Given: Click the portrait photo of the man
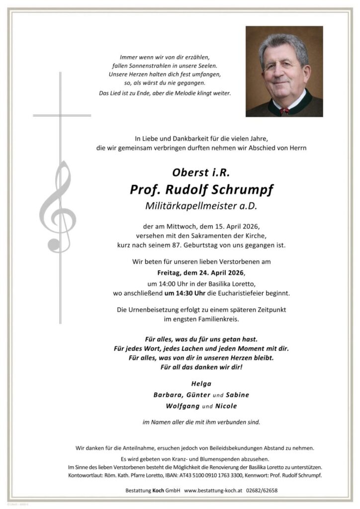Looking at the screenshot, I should click(284, 72).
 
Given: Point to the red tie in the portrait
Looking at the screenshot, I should click(284, 111).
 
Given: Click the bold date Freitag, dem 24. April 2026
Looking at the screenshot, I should click(201, 273).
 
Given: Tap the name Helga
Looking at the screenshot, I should click(201, 383).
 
